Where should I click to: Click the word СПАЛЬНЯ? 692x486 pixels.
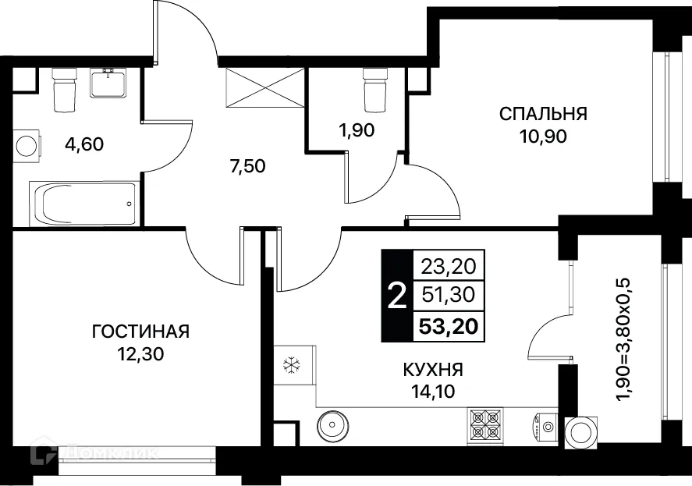coord(543,115)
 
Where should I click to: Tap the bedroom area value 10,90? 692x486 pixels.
coord(543,137)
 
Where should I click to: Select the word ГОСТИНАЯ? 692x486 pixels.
coord(140,332)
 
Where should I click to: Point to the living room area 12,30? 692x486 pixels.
coord(140,353)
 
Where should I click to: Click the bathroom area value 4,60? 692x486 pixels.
coord(82,144)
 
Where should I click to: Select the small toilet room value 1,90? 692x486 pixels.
coord(356,130)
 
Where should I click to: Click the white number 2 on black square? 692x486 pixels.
coord(396,296)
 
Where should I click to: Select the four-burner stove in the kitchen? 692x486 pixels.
coord(485,427)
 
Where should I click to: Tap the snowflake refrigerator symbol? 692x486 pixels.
coord(291,364)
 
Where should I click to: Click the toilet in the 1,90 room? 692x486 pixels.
coord(375,89)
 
